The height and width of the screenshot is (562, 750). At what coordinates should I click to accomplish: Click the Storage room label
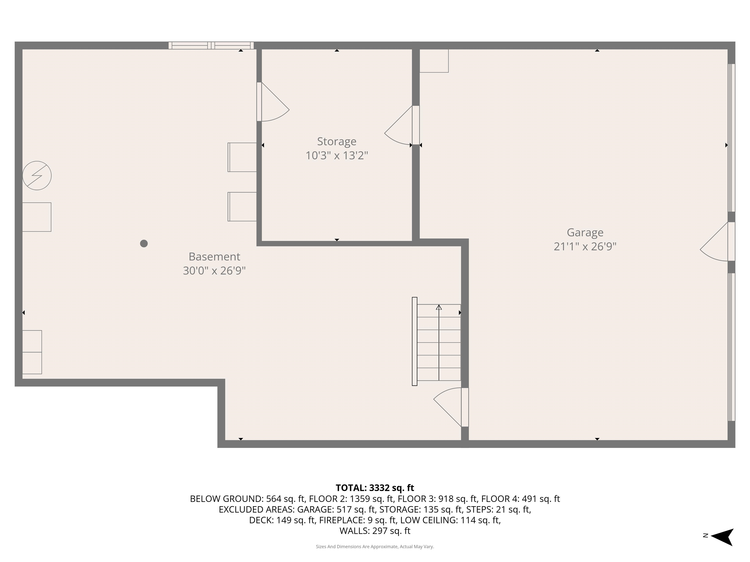tap(336, 141)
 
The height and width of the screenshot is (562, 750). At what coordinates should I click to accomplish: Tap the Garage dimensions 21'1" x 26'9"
tap(585, 246)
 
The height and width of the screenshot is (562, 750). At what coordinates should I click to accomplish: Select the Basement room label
tap(214, 256)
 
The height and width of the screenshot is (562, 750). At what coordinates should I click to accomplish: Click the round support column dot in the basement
tap(144, 243)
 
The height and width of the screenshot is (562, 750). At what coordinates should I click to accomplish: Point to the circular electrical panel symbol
tap(37, 175)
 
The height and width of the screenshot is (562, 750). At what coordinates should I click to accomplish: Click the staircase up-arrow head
tap(439, 307)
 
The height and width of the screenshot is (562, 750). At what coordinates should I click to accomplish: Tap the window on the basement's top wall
tap(211, 45)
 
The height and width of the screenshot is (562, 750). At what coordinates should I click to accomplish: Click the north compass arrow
tap(723, 537)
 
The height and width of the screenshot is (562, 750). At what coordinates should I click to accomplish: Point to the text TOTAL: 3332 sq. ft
tap(375, 488)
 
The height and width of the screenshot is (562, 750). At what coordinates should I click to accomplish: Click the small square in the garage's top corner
tap(434, 61)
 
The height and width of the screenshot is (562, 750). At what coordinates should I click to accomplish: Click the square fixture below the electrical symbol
tap(37, 217)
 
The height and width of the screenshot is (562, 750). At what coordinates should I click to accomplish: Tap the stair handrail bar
tap(414, 341)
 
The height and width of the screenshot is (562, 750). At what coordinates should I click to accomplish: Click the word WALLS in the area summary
tap(354, 531)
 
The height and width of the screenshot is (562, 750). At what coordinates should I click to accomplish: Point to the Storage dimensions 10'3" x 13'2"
tap(336, 155)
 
